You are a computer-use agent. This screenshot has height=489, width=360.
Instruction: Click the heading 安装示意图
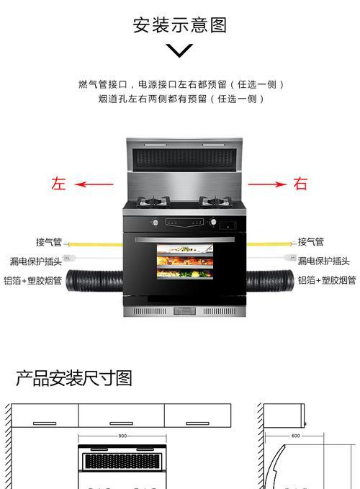179,25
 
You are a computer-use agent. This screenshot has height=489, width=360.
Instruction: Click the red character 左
59,184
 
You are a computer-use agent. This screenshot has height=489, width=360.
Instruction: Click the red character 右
300,184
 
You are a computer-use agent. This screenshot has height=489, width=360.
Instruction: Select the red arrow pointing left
94,184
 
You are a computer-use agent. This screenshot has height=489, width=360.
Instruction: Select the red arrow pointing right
267,184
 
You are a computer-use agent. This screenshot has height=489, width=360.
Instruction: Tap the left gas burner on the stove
153,202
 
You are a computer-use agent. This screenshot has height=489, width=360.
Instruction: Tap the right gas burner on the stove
216,202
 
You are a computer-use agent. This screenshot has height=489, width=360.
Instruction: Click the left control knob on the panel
155,223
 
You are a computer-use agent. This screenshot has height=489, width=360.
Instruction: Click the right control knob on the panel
213,222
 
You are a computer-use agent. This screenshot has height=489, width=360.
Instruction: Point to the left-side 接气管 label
49,242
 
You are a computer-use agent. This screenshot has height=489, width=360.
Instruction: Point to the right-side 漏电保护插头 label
323,261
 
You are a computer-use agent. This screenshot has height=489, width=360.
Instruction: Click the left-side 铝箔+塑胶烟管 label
32,281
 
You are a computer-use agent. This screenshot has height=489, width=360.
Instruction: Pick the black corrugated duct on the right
270,281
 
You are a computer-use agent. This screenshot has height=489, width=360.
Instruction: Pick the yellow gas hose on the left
94,244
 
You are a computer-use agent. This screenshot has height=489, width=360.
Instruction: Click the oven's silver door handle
184,239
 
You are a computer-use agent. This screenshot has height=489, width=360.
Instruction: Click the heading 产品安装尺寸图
74,378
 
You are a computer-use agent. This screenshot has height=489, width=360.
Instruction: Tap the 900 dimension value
122,436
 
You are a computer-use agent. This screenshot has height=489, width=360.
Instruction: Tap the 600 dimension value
295,436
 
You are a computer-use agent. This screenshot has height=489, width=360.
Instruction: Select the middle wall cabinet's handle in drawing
121,423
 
